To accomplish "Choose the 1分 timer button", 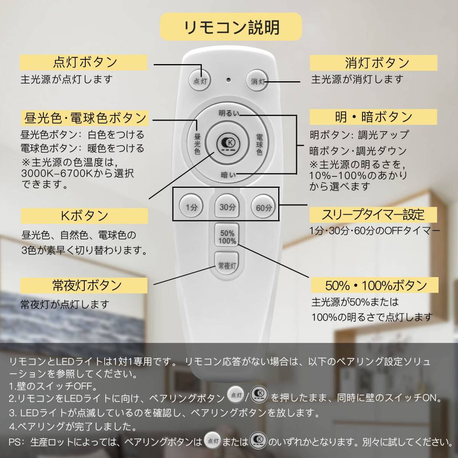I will [x=192, y=208].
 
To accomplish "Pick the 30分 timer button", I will [x=227, y=207].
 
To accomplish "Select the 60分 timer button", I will [x=263, y=208].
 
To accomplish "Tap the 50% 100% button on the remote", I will [x=227, y=237].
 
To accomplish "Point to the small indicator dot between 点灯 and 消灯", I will [x=229, y=80].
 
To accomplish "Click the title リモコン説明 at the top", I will [x=231, y=27].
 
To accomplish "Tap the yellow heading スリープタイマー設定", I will [x=373, y=214].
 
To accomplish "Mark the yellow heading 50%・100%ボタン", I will [x=373, y=285].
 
